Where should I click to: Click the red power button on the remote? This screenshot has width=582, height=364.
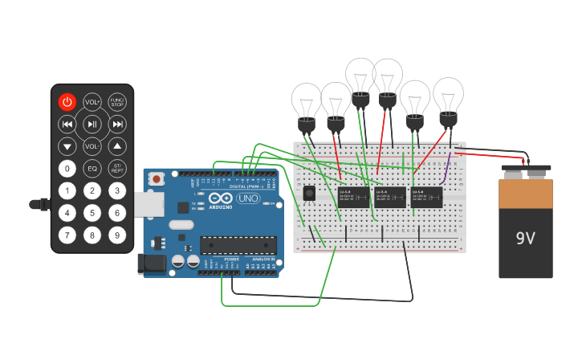click(67, 102)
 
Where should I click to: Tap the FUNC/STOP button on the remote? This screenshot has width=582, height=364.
click(117, 102)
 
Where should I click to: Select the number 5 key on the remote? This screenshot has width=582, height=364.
click(92, 213)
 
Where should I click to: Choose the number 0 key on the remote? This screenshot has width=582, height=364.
click(67, 169)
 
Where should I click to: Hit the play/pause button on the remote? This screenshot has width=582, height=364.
click(92, 124)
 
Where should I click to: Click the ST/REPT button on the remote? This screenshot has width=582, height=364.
click(117, 169)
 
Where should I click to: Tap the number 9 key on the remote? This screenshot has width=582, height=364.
click(117, 235)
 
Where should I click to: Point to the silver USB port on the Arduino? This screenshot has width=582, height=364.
click(149, 205)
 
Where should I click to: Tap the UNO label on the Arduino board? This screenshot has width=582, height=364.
click(248, 198)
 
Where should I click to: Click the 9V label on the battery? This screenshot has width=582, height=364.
click(525, 239)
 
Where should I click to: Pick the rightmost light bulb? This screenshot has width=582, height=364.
click(448, 100)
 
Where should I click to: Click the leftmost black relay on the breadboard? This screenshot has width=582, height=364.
click(353, 197)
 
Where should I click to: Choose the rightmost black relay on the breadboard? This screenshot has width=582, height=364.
click(426, 197)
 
